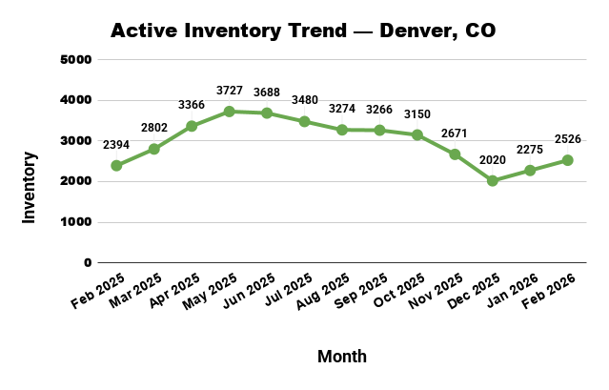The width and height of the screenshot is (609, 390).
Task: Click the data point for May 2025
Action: pos(229,112)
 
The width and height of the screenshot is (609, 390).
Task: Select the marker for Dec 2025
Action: pos(493,180)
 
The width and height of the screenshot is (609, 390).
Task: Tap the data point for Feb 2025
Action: pos(116,165)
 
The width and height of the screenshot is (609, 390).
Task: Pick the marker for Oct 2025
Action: pos(417,134)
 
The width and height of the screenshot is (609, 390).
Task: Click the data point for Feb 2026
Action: pos(568,160)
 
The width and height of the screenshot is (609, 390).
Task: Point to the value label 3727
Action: pos(229,90)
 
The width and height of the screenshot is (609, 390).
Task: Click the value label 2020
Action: pos(493,159)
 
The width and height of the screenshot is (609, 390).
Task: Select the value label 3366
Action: pos(192,105)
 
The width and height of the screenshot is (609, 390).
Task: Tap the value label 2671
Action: pos(455,133)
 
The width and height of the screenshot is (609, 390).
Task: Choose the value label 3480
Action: pos(304,100)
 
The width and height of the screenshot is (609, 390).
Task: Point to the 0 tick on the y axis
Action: pos(88,262)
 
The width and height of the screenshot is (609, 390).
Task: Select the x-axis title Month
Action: pos(341,356)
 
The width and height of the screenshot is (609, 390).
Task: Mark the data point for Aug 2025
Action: pos(342,130)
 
